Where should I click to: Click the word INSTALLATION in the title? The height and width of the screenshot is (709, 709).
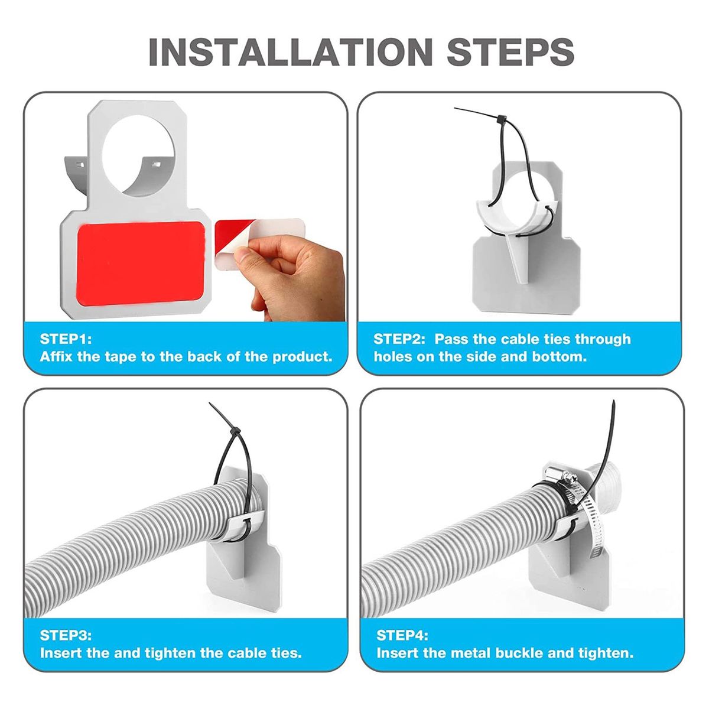tap(291, 51)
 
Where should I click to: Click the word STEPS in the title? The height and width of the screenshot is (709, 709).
tap(510, 51)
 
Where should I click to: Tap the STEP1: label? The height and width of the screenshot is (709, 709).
tap(66, 339)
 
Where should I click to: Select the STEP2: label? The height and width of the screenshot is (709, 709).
tap(399, 339)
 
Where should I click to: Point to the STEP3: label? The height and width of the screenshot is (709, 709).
tap(66, 635)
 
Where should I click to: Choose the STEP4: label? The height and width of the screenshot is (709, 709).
tap(402, 635)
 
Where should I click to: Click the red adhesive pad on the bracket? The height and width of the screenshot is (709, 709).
tap(140, 264)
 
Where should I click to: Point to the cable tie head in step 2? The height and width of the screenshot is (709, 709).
tap(502, 119)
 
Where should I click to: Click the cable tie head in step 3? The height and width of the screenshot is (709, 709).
tap(235, 431)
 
